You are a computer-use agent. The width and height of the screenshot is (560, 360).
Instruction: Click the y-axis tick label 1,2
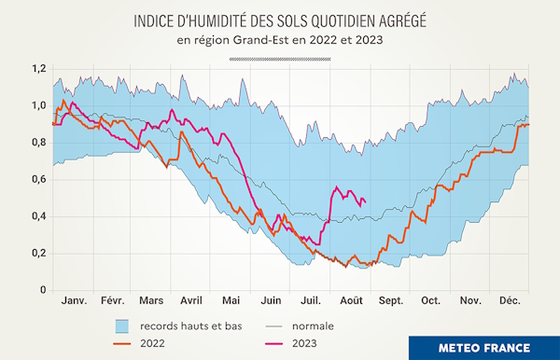(37, 69)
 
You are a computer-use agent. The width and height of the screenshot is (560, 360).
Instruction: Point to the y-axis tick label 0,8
(37, 143)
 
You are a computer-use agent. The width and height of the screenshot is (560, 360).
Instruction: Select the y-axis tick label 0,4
(37, 216)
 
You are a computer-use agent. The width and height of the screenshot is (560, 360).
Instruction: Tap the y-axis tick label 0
(42, 290)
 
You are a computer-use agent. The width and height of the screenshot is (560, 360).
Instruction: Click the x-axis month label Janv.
(74, 302)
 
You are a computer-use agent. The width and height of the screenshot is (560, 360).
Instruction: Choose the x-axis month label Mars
(150, 302)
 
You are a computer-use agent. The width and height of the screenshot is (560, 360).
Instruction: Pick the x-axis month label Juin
(271, 302)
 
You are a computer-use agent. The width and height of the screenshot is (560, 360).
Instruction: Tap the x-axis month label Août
(352, 302)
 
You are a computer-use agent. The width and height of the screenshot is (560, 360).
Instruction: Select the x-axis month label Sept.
(392, 302)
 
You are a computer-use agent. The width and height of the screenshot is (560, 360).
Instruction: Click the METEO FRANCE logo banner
(484, 347)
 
